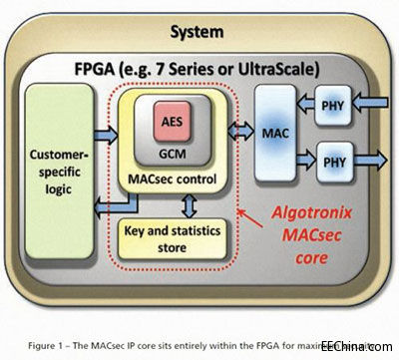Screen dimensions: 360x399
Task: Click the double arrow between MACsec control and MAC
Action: (239, 129)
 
